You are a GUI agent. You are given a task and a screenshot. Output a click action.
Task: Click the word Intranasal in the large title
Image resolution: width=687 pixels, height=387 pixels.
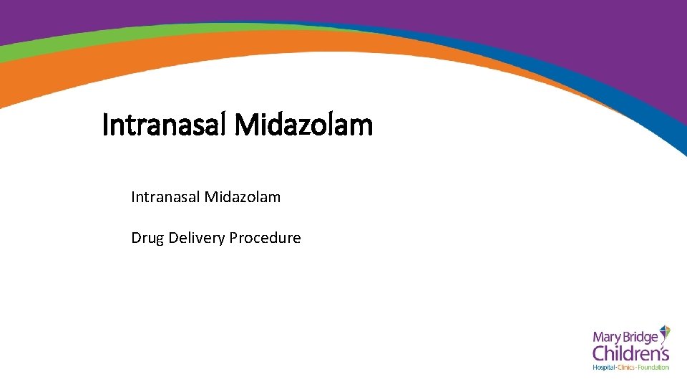[164, 125]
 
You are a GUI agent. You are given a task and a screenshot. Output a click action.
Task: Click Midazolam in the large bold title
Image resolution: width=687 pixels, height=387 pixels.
[303, 125]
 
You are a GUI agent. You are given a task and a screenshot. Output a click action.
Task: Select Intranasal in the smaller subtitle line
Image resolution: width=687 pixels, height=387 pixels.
[165, 196]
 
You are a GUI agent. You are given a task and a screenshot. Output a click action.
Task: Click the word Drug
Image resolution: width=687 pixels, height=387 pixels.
[147, 238]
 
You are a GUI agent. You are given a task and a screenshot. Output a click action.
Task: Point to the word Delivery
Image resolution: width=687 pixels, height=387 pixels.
[197, 238]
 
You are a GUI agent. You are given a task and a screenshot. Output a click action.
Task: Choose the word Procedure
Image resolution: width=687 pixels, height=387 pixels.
[265, 238]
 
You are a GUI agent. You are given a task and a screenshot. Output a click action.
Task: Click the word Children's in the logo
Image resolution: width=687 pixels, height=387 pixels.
[630, 353]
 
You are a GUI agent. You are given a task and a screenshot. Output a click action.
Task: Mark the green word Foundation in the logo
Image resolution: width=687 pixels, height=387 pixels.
[655, 368]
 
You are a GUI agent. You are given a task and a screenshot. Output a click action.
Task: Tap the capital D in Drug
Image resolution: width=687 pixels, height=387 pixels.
[136, 238]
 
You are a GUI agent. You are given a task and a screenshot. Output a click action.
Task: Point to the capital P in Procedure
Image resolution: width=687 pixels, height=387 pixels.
[233, 238]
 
